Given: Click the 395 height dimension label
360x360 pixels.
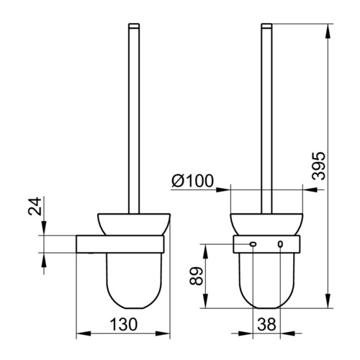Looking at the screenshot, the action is click(319, 166).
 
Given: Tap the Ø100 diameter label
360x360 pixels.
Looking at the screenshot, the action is click(192, 181).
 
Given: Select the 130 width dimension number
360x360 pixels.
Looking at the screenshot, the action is click(124, 324).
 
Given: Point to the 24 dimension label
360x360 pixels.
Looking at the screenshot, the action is click(35, 206).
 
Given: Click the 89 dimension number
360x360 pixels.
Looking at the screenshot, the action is click(196, 276).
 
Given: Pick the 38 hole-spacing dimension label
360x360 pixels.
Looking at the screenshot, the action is click(266, 324).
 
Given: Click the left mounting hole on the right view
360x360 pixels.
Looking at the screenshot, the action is click(253, 244).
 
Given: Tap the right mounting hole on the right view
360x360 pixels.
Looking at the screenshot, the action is click(280, 244).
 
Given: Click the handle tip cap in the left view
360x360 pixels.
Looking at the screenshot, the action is click(134, 26).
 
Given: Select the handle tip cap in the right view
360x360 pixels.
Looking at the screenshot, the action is click(266, 26).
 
